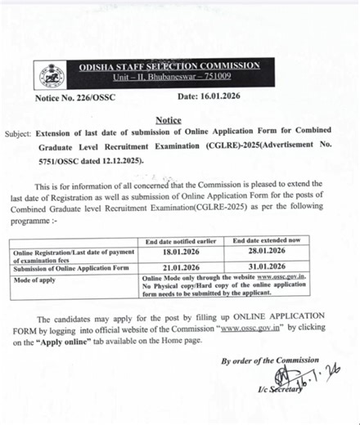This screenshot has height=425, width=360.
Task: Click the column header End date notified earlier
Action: point(186,242)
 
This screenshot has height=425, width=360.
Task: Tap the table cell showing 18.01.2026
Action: point(186,255)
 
